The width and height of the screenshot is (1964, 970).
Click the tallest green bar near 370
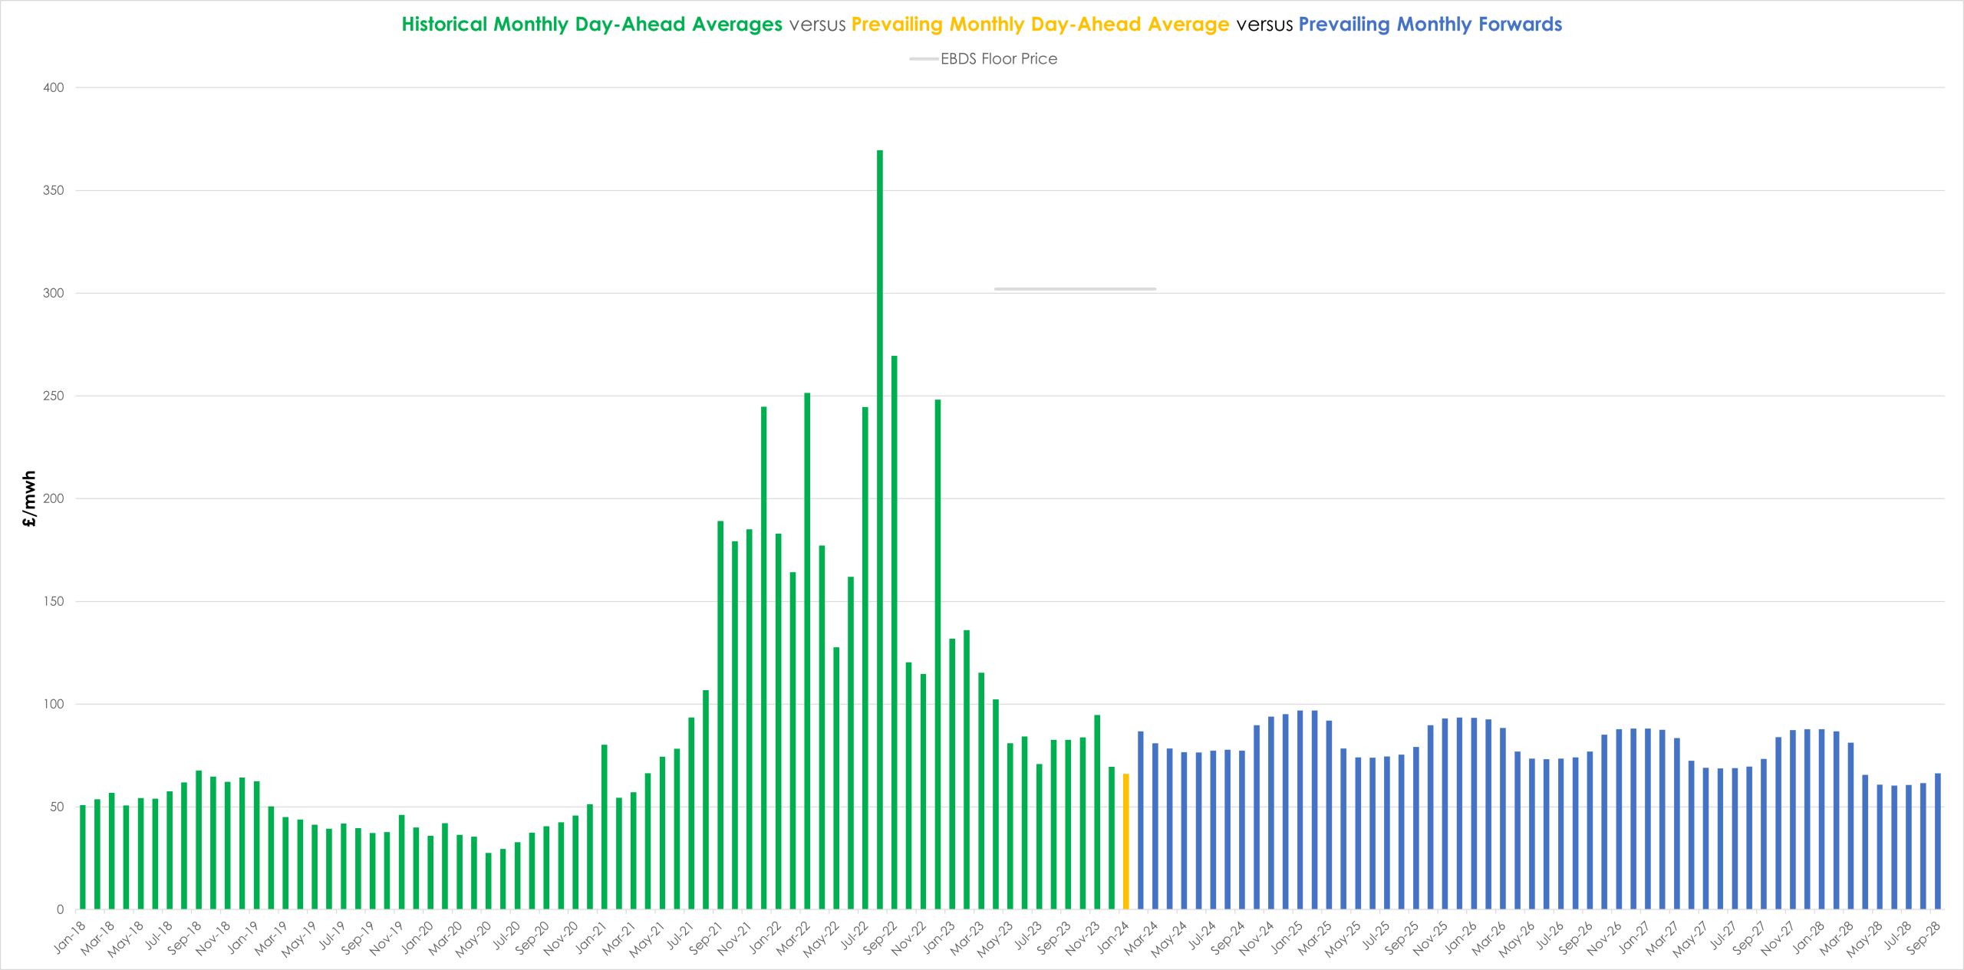click(x=880, y=530)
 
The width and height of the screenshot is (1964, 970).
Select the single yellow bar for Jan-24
click(x=1126, y=842)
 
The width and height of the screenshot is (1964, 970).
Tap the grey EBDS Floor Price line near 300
click(x=1075, y=289)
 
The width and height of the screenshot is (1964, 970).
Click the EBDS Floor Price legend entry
click(x=984, y=59)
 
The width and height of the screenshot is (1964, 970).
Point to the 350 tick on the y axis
click(x=54, y=190)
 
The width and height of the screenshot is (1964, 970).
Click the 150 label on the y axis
click(x=54, y=601)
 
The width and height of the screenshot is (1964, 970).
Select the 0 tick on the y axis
click(x=60, y=909)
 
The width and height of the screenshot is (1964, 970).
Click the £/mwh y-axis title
click(x=29, y=499)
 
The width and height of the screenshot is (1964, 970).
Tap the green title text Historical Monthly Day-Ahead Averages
click(x=592, y=25)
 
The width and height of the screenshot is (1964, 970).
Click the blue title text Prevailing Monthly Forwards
click(x=1430, y=25)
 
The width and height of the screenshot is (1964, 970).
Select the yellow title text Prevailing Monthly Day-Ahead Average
click(x=1040, y=25)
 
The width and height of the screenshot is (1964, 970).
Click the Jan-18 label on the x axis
click(x=70, y=936)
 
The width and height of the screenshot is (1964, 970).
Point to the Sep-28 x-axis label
click(x=1923, y=936)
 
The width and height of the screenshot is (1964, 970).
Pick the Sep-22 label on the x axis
click(x=879, y=936)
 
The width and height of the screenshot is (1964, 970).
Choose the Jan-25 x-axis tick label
click(x=1287, y=936)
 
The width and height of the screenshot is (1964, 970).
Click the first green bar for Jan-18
click(x=83, y=857)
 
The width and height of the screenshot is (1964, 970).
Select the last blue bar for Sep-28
click(x=1938, y=841)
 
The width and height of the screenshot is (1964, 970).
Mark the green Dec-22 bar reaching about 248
click(x=938, y=654)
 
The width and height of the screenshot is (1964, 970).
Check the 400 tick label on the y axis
click(x=54, y=87)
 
